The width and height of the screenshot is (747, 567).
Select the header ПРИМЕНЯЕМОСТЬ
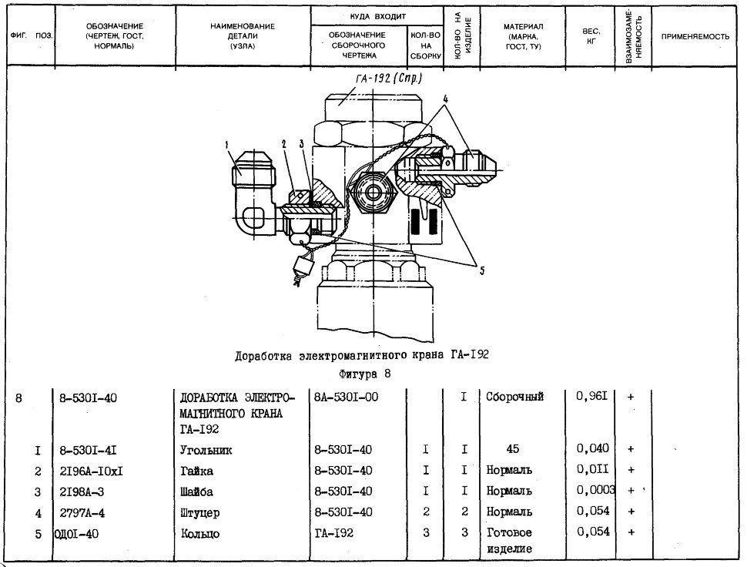tap(695, 37)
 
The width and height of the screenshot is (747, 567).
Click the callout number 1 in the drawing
tap(227, 144)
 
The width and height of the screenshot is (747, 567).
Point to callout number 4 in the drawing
tap(445, 99)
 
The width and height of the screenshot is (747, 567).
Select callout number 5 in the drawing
tap(482, 270)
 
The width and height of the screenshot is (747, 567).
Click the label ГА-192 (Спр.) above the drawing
tap(388, 79)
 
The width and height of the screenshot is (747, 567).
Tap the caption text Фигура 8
tap(365, 374)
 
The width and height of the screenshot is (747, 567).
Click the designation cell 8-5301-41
tap(88, 450)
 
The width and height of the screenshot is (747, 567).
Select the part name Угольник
tap(206, 450)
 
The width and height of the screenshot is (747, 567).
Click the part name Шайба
tap(196, 492)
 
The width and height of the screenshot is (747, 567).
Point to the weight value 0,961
tap(592, 396)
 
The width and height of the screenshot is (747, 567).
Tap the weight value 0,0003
tap(596, 490)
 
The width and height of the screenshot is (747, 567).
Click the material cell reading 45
tap(513, 449)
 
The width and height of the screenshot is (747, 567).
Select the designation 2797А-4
tap(82, 513)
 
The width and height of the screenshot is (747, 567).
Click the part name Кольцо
tap(200, 534)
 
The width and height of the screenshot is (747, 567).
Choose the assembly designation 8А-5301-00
tap(347, 397)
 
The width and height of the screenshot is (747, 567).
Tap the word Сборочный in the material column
tap(514, 397)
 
